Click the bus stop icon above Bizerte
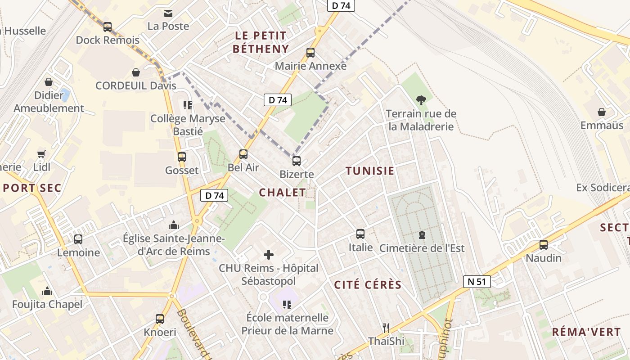pyautogui.click(x=296, y=161)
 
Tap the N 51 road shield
pyautogui.click(x=477, y=282)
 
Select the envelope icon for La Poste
pyautogui.click(x=168, y=13)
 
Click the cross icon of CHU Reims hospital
pyautogui.click(x=269, y=255)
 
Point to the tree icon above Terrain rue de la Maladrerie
pyautogui.click(x=421, y=100)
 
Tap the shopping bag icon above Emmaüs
pyautogui.click(x=602, y=112)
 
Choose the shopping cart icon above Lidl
pyautogui.click(x=41, y=154)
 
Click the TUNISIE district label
pyautogui.click(x=370, y=171)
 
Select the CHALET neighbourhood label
pyautogui.click(x=282, y=193)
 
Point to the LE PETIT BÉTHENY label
pyautogui.click(x=261, y=42)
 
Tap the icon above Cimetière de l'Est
pyautogui.click(x=422, y=234)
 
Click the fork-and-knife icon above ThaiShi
pyautogui.click(x=386, y=328)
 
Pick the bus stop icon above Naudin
pyautogui.click(x=544, y=244)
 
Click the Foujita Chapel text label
pyautogui.click(x=47, y=305)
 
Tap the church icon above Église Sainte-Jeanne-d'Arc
pyautogui.click(x=173, y=225)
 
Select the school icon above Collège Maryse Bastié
pyautogui.click(x=188, y=105)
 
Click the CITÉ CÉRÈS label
pyautogui.click(x=368, y=285)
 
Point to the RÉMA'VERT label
pyautogui.click(x=586, y=333)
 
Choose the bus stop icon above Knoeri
pyautogui.click(x=159, y=319)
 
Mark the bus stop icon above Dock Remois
pyautogui.click(x=107, y=27)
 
